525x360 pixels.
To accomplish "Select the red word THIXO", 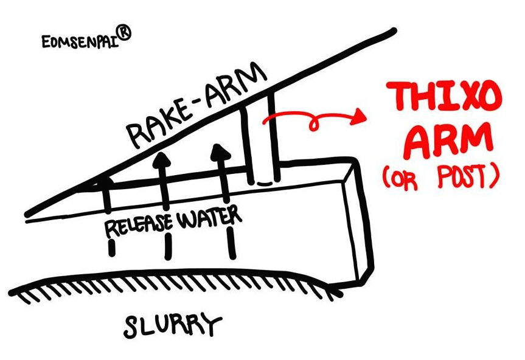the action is click(x=447, y=97).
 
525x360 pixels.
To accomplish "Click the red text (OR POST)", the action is click(x=441, y=177).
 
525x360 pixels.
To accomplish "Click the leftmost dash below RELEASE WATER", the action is click(x=112, y=247).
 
